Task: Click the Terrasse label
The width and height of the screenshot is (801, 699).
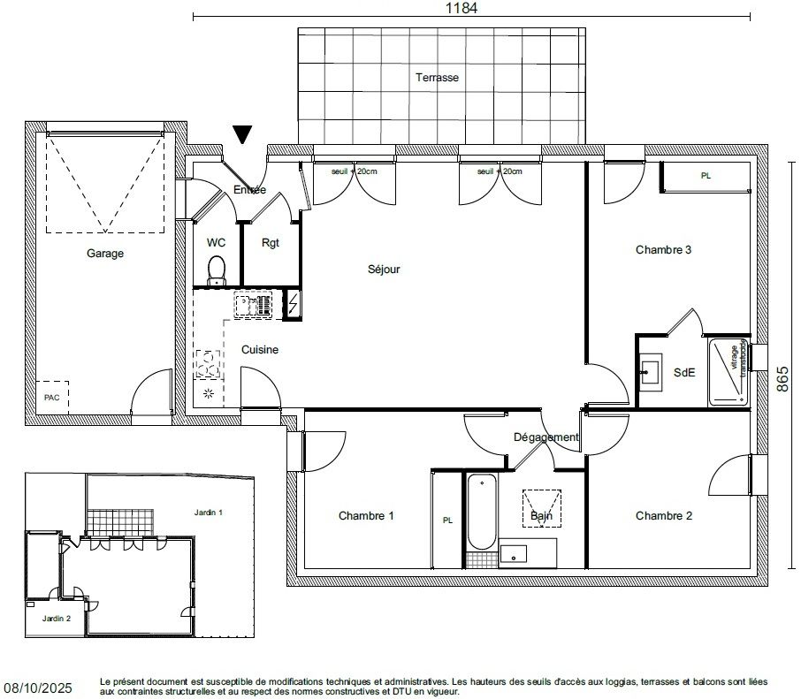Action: [x=437, y=78]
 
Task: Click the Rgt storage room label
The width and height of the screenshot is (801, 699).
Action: [x=271, y=243]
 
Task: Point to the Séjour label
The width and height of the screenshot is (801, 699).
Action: [x=385, y=270]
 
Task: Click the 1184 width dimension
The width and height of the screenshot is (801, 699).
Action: [x=461, y=8]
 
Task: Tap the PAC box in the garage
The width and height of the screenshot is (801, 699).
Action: [x=52, y=398]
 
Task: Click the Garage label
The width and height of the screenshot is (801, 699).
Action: [x=105, y=254]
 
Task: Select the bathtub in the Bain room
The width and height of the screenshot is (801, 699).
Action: [x=481, y=512]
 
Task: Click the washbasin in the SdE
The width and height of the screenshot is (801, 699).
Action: [x=651, y=372]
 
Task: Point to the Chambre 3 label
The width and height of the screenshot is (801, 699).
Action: [x=663, y=250]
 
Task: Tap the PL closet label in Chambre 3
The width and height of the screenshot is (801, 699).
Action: [x=706, y=176]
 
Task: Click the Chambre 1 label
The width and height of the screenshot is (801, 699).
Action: [x=366, y=516]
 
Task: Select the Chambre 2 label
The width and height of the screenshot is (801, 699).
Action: [x=663, y=516]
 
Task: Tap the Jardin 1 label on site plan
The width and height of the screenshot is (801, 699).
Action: [x=209, y=512]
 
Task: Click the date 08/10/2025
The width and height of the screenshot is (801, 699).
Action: [x=38, y=687]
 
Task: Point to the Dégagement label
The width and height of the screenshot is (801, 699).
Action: [x=545, y=437]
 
